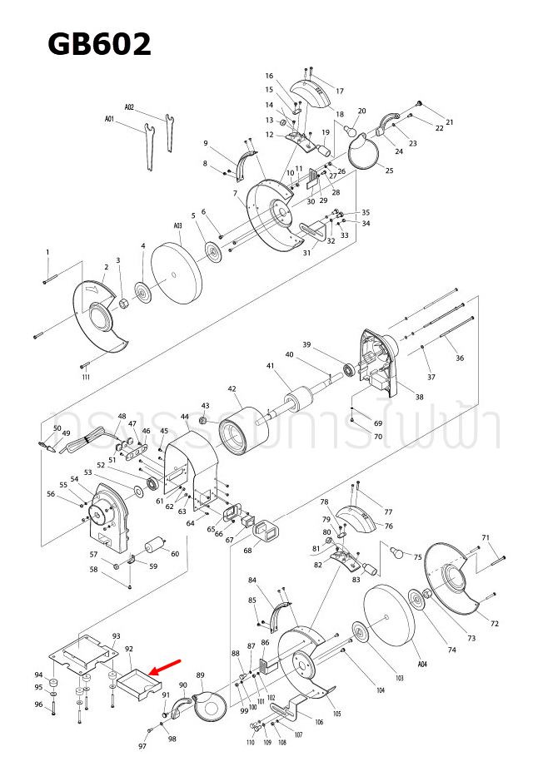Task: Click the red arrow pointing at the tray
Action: click(166, 668)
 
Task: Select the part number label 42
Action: click(232, 388)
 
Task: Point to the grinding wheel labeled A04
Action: click(391, 620)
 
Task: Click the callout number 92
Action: click(129, 648)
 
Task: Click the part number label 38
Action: click(419, 398)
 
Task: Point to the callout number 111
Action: click(86, 377)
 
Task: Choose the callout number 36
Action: click(460, 358)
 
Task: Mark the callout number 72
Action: click(494, 623)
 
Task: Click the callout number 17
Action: click(340, 90)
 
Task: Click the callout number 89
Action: click(200, 675)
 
